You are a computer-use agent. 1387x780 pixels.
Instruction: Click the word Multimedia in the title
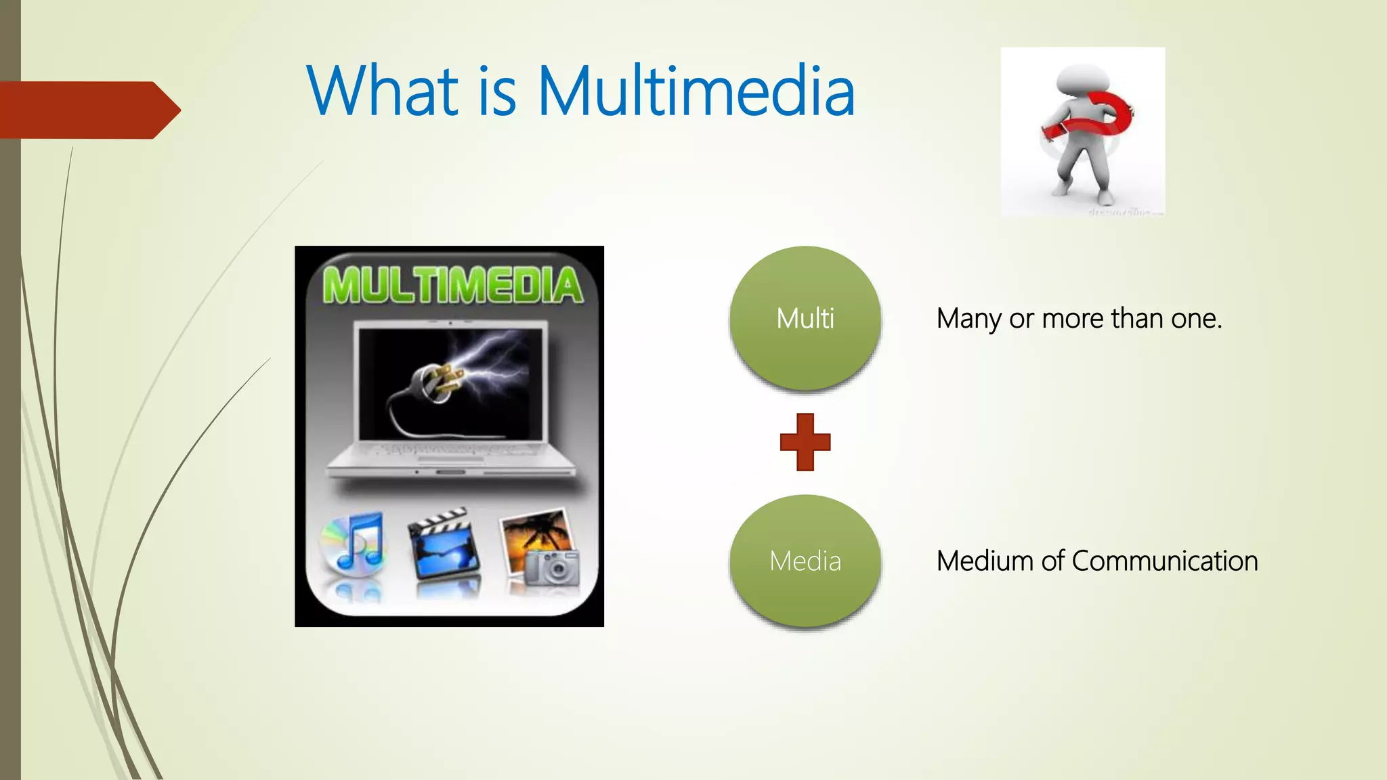(x=696, y=91)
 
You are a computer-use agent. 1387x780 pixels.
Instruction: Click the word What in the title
(x=383, y=91)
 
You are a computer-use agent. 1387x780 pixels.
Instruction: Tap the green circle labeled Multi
(x=805, y=318)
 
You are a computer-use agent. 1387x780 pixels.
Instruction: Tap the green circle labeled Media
(x=805, y=561)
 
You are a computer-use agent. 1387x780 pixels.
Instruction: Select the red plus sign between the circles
(x=805, y=442)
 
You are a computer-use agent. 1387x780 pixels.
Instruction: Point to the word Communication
(x=1165, y=561)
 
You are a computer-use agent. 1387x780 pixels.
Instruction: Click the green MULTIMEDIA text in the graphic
(x=452, y=285)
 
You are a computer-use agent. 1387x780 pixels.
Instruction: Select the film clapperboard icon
(x=444, y=546)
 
